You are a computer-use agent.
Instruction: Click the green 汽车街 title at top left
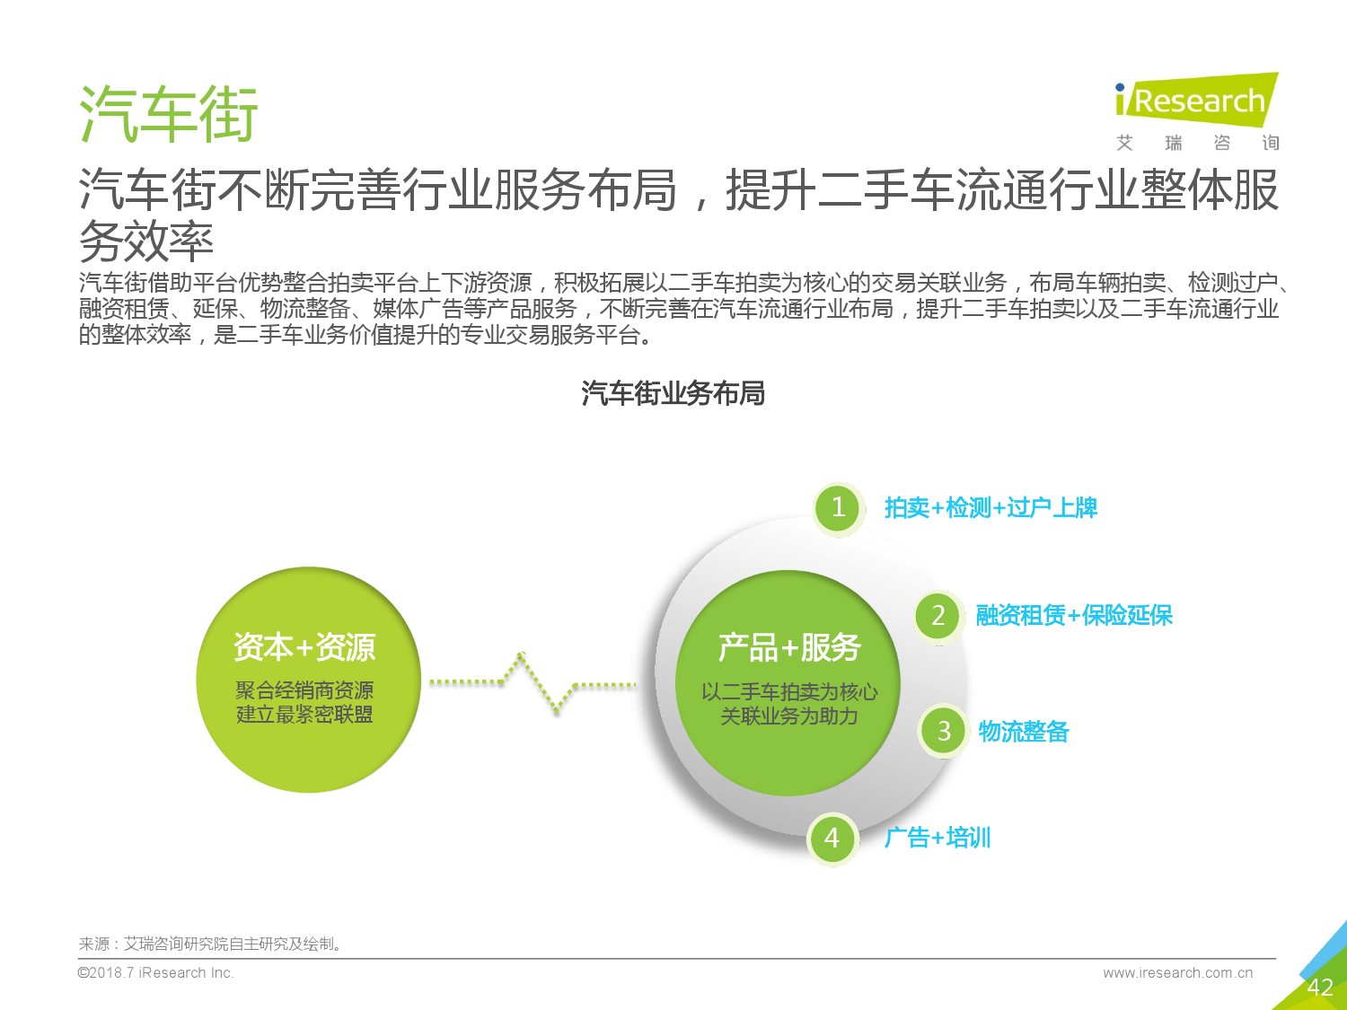pyautogui.click(x=169, y=114)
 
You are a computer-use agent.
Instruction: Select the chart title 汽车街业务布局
pyautogui.click(x=673, y=393)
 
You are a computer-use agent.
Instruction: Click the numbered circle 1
pyautogui.click(x=838, y=508)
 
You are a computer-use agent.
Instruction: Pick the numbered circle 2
pyautogui.click(x=938, y=615)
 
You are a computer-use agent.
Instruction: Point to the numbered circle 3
pyautogui.click(x=944, y=731)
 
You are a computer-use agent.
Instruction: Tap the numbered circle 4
pyautogui.click(x=832, y=838)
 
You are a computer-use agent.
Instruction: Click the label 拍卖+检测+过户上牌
pyautogui.click(x=990, y=508)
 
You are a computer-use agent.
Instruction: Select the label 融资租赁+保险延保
pyautogui.click(x=1074, y=615)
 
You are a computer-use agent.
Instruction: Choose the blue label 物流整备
pyautogui.click(x=1023, y=731)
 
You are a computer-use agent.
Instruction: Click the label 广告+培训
pyautogui.click(x=938, y=838)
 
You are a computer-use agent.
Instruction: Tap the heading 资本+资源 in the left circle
pyautogui.click(x=304, y=647)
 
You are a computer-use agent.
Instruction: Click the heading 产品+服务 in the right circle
pyautogui.click(x=789, y=647)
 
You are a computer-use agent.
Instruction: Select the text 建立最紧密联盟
pyautogui.click(x=304, y=715)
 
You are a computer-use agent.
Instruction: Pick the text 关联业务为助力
pyautogui.click(x=789, y=716)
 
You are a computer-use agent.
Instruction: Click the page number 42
pyautogui.click(x=1320, y=988)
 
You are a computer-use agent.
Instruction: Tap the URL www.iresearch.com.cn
pyautogui.click(x=1177, y=973)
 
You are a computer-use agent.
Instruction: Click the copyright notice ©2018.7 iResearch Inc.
pyautogui.click(x=156, y=973)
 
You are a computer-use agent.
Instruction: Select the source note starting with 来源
pyautogui.click(x=210, y=944)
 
